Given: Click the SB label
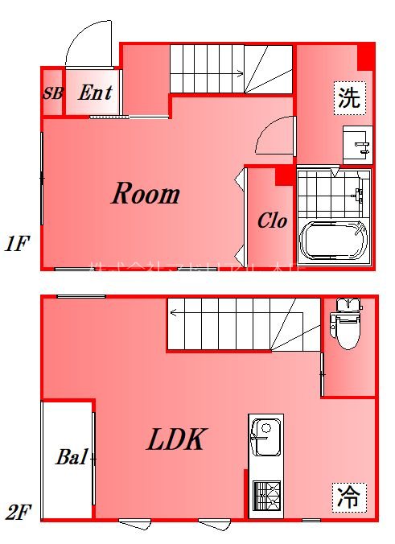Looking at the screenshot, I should (x=52, y=93).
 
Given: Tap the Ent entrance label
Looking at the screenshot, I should (x=95, y=93).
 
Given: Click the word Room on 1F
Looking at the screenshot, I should (x=145, y=194).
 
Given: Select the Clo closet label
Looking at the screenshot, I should (x=272, y=221).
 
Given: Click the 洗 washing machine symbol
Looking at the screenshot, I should (x=349, y=98).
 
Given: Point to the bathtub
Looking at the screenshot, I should (x=334, y=241).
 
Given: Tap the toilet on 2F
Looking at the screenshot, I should (x=348, y=324).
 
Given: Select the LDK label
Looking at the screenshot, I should (x=178, y=439).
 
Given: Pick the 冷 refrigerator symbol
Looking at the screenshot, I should (x=348, y=495).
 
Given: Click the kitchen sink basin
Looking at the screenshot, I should (x=265, y=440).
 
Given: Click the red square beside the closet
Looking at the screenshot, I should (x=282, y=176).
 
